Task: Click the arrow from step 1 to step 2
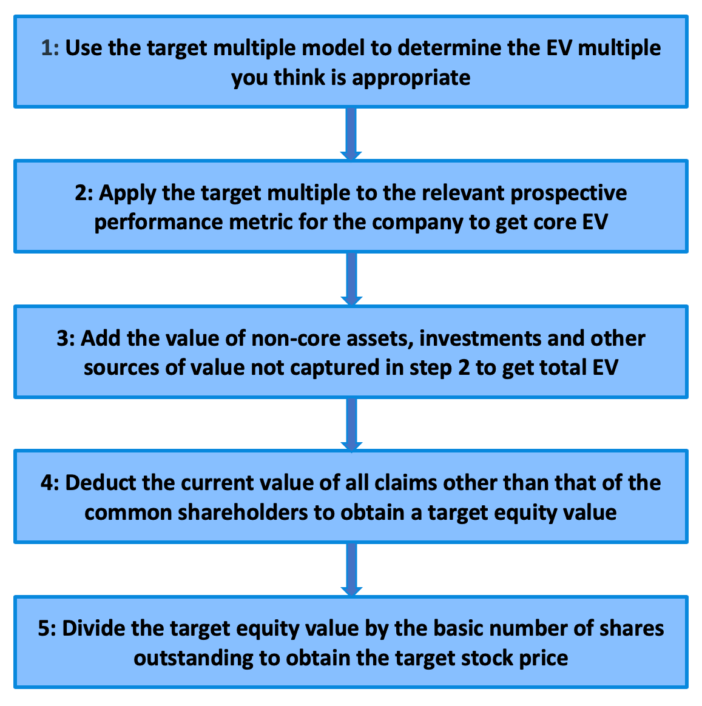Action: (351, 133)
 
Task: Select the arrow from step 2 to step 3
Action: (351, 278)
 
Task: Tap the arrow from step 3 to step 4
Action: (351, 424)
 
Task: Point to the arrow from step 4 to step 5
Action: (351, 569)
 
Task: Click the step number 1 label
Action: (50, 47)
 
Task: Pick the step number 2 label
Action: (83, 193)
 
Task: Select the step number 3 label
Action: (66, 338)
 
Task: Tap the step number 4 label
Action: (49, 483)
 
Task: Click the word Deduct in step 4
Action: (100, 483)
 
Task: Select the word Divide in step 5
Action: (94, 628)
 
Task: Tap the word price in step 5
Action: (544, 657)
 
